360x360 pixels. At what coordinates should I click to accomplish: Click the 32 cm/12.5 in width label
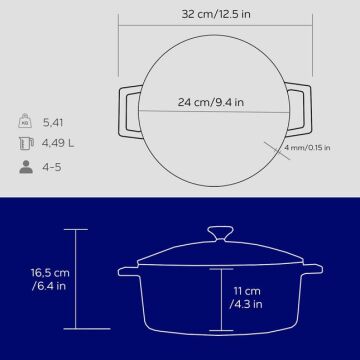(x=216, y=14)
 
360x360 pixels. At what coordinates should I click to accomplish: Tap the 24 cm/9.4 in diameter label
(x=211, y=102)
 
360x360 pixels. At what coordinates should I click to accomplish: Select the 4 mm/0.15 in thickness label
(x=307, y=148)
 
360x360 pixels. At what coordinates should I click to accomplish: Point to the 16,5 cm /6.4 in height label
(x=51, y=279)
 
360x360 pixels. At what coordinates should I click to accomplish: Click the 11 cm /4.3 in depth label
(x=246, y=298)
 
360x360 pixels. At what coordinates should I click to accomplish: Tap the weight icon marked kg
(x=25, y=121)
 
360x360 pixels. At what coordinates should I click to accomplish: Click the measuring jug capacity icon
(x=26, y=143)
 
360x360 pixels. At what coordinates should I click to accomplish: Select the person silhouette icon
(x=26, y=167)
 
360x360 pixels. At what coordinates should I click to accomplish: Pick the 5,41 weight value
(x=53, y=123)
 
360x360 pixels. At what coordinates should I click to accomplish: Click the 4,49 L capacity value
(x=58, y=144)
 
